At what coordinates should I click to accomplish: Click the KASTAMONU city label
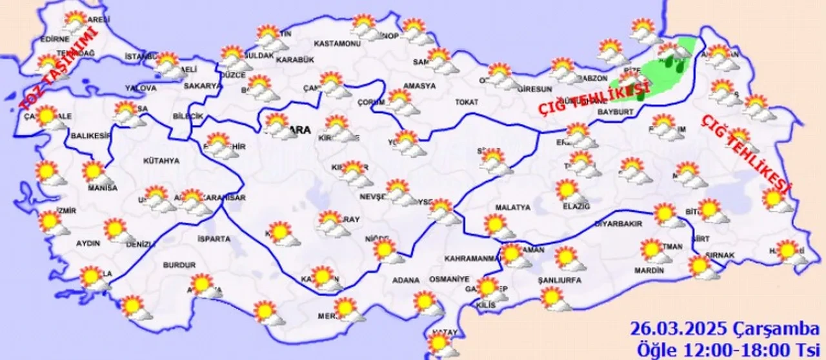[336, 44]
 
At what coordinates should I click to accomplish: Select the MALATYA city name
[512, 208]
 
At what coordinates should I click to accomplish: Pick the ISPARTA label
[214, 239]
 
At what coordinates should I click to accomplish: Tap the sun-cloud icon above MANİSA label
[95, 172]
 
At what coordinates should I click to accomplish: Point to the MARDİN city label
[649, 271]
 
